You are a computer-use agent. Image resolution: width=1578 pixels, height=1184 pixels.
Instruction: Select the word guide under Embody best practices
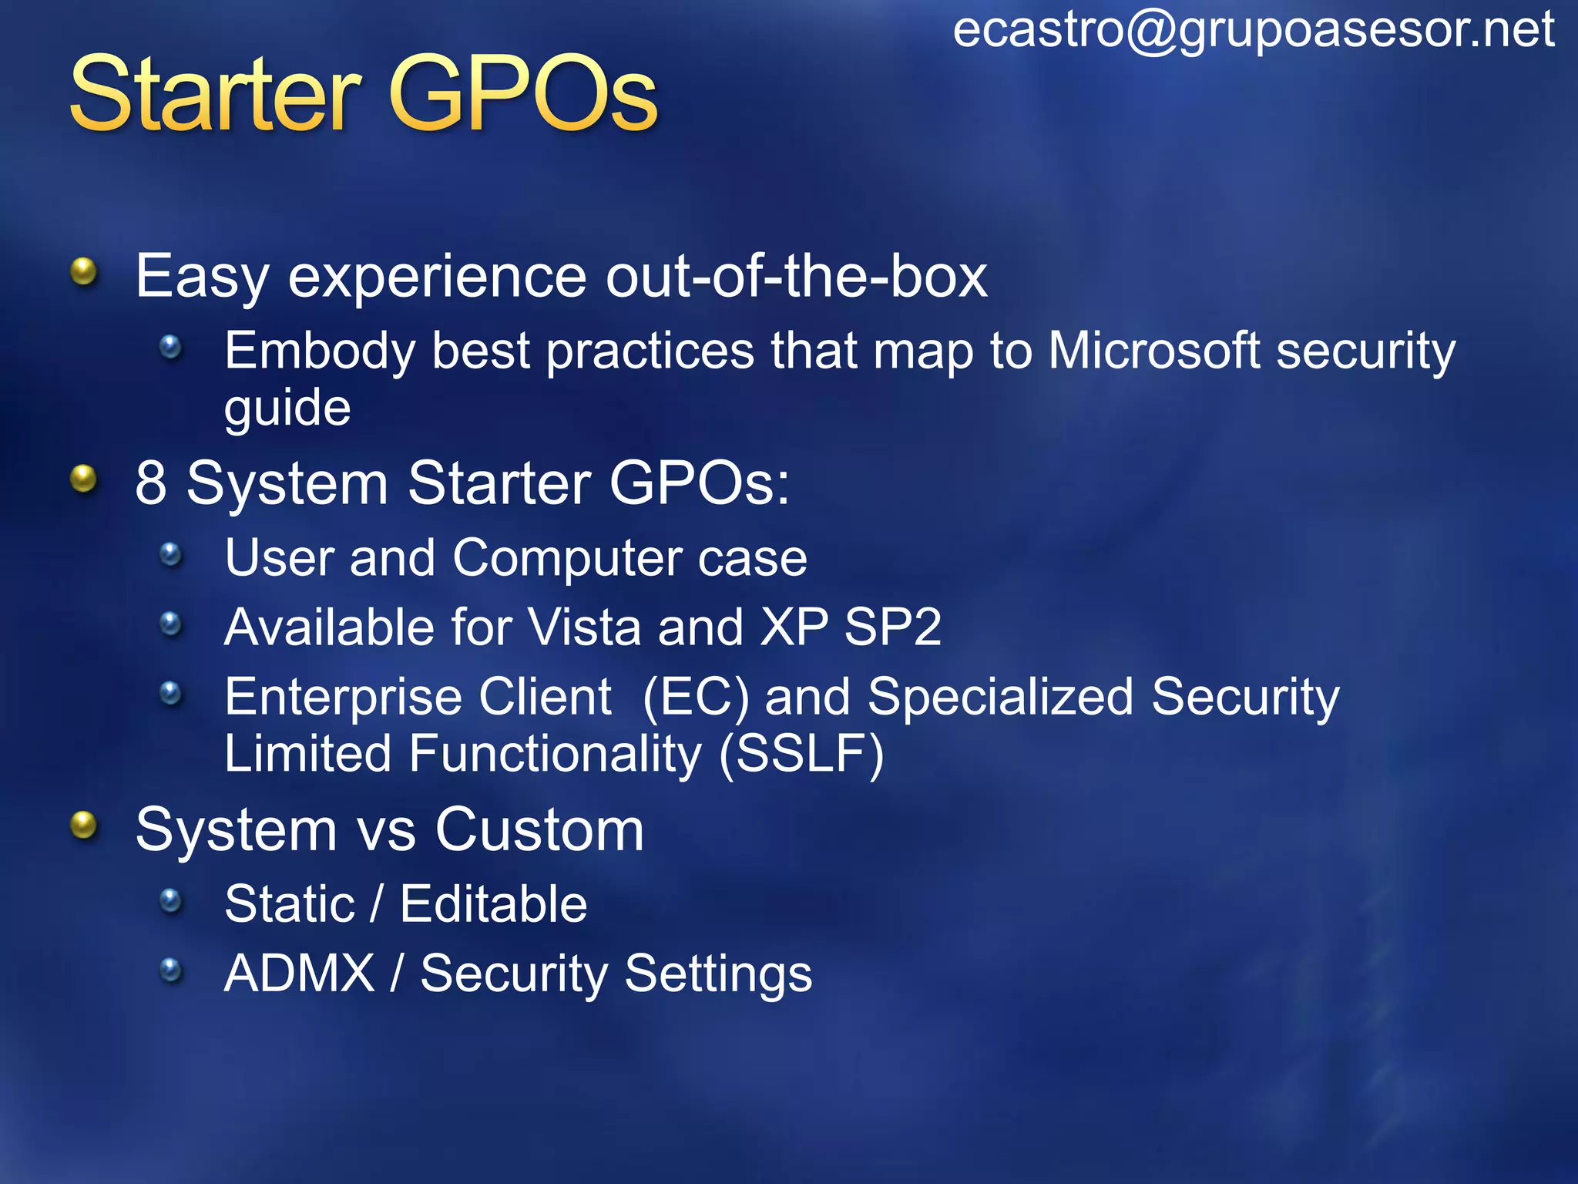(287, 409)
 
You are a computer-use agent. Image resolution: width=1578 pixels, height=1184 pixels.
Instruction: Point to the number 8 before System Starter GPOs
(151, 483)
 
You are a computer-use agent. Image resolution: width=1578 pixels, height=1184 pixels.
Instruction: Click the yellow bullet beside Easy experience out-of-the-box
(83, 271)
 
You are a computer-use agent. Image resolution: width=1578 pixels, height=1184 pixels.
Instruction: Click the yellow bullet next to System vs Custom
(83, 826)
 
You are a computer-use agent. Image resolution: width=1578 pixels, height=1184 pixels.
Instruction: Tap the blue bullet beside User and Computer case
(170, 553)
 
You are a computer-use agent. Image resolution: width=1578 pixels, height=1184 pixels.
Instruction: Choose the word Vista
(585, 627)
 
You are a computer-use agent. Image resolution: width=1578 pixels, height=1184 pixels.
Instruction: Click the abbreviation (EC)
(695, 697)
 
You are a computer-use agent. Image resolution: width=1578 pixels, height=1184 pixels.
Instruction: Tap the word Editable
(493, 903)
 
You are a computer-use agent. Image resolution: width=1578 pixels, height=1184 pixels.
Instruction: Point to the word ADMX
(299, 973)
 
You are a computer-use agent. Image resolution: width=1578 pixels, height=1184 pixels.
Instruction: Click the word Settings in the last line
(718, 974)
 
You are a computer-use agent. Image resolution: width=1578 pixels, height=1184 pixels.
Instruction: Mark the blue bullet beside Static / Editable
(170, 900)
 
